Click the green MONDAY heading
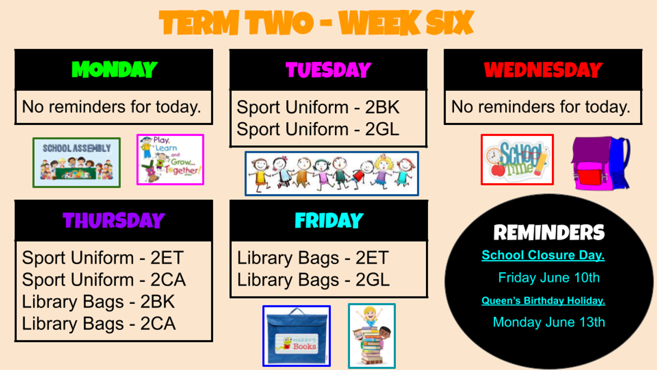(x=114, y=70)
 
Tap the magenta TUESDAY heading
(x=328, y=70)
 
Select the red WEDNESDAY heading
(x=543, y=70)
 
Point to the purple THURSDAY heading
(x=114, y=220)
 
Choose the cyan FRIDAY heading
(x=329, y=220)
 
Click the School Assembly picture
(x=77, y=162)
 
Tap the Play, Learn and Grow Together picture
(x=170, y=160)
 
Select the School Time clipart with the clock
(x=517, y=160)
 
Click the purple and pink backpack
(x=601, y=163)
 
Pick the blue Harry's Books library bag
(x=297, y=336)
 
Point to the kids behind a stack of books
(x=372, y=336)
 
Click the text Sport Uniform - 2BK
(x=318, y=107)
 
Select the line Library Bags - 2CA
(x=99, y=323)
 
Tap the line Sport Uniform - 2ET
(x=103, y=258)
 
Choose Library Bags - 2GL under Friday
(x=313, y=280)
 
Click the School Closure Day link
(x=543, y=255)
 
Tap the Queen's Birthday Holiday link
(x=543, y=300)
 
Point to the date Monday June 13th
(x=549, y=322)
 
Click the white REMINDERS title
(x=549, y=232)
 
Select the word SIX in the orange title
(x=449, y=22)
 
